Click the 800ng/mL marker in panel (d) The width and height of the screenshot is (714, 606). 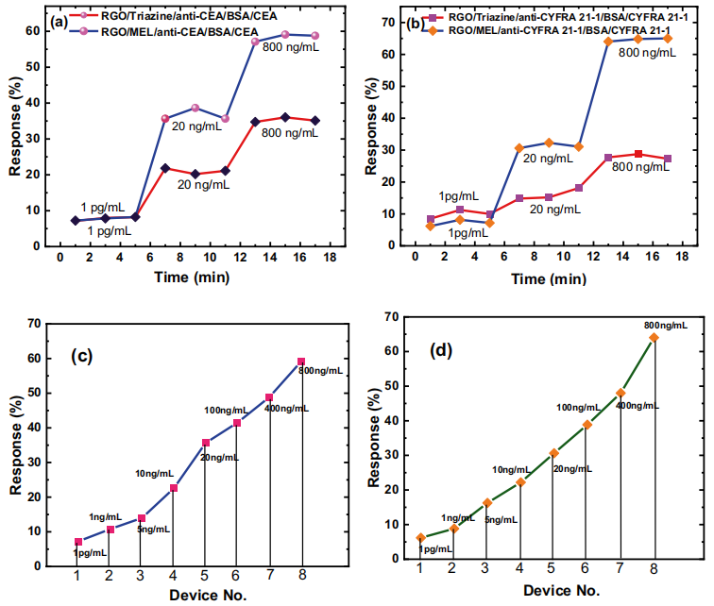pos(654,337)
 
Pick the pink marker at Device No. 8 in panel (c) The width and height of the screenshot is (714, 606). pos(301,362)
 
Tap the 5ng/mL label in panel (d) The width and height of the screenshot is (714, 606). pos(501,519)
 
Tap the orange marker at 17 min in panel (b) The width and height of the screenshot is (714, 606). pos(668,39)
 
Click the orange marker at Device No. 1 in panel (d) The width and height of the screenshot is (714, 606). pos(421,538)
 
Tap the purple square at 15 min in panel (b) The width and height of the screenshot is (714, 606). pos(638,154)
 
